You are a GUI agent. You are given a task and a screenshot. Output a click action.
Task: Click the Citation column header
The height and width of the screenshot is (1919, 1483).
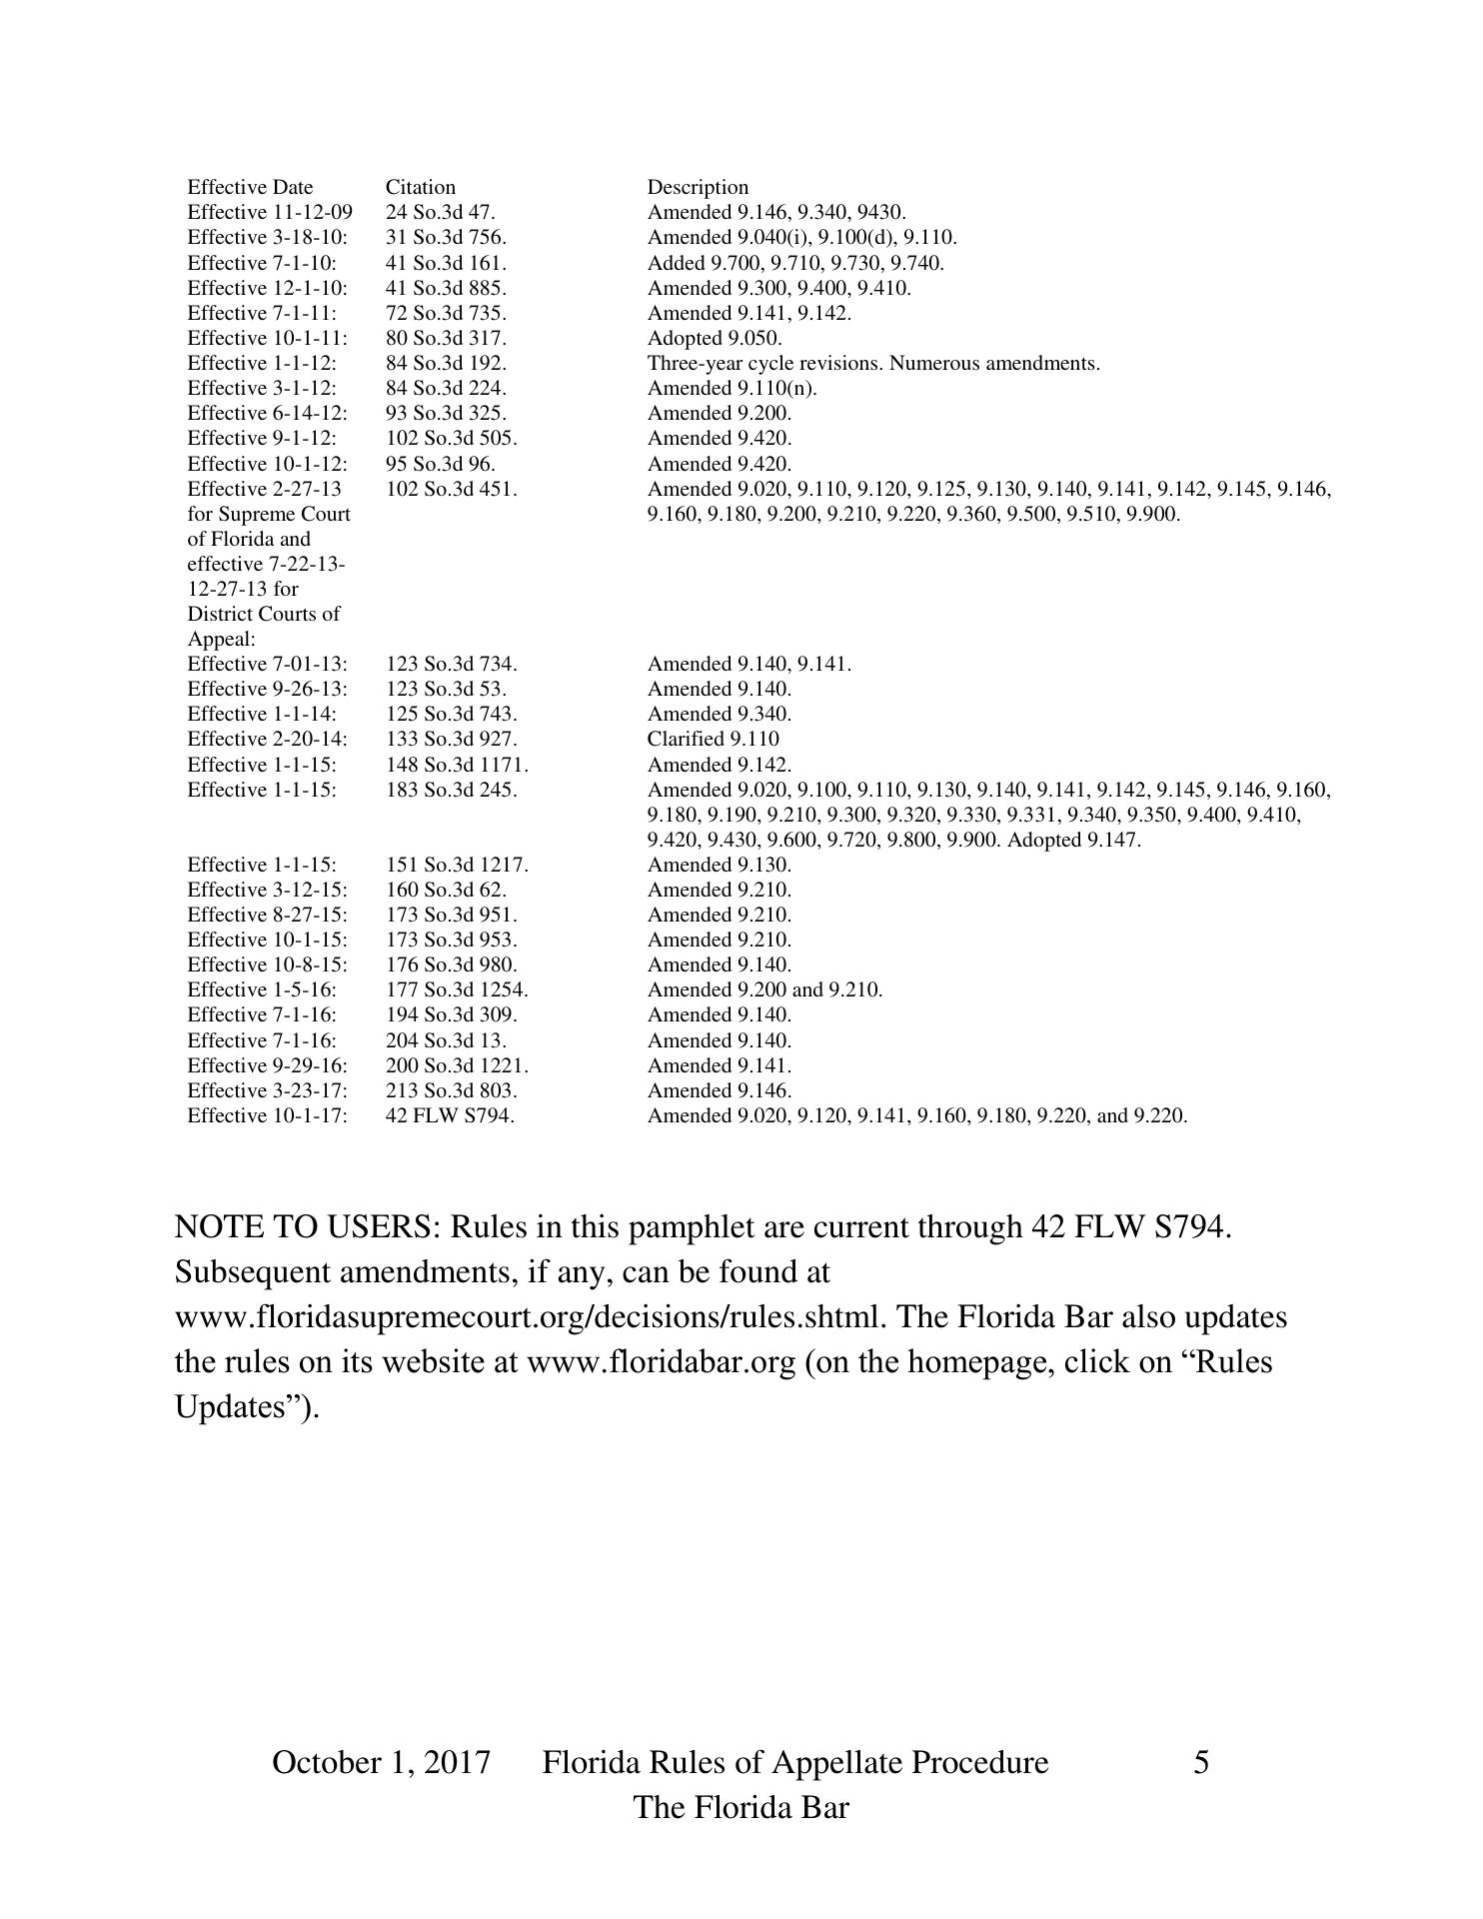[420, 187]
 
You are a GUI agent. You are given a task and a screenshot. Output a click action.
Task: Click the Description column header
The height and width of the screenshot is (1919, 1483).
[698, 187]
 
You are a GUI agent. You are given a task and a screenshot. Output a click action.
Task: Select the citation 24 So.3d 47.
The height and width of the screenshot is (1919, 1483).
[440, 212]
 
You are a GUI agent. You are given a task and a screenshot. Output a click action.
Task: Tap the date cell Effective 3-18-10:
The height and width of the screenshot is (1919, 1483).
[267, 237]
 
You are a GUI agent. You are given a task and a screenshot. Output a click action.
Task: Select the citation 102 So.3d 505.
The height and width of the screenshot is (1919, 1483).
[451, 438]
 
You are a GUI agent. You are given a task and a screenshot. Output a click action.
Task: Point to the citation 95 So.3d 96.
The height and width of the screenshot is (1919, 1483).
[440, 464]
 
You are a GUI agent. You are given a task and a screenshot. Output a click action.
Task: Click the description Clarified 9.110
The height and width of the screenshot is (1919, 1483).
[713, 739]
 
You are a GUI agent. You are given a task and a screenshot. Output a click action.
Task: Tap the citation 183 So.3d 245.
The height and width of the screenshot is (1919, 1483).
[451, 790]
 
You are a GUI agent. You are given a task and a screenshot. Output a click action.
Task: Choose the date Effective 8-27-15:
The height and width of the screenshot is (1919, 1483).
[267, 915]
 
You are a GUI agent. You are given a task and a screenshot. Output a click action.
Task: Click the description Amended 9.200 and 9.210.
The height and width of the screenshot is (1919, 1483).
[764, 989]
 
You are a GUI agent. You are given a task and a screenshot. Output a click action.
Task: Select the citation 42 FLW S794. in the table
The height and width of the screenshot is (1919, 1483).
[450, 1115]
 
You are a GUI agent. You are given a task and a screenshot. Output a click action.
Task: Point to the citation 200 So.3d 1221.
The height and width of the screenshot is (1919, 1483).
[457, 1065]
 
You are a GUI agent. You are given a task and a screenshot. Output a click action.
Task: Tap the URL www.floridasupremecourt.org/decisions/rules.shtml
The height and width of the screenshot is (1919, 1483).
[530, 1316]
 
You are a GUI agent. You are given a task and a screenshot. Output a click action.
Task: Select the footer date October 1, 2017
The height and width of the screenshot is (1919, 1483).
[381, 1762]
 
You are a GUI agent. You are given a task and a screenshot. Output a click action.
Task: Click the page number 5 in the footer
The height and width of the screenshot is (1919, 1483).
[1201, 1762]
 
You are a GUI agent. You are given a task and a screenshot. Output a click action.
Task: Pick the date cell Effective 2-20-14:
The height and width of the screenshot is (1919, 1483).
[267, 739]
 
